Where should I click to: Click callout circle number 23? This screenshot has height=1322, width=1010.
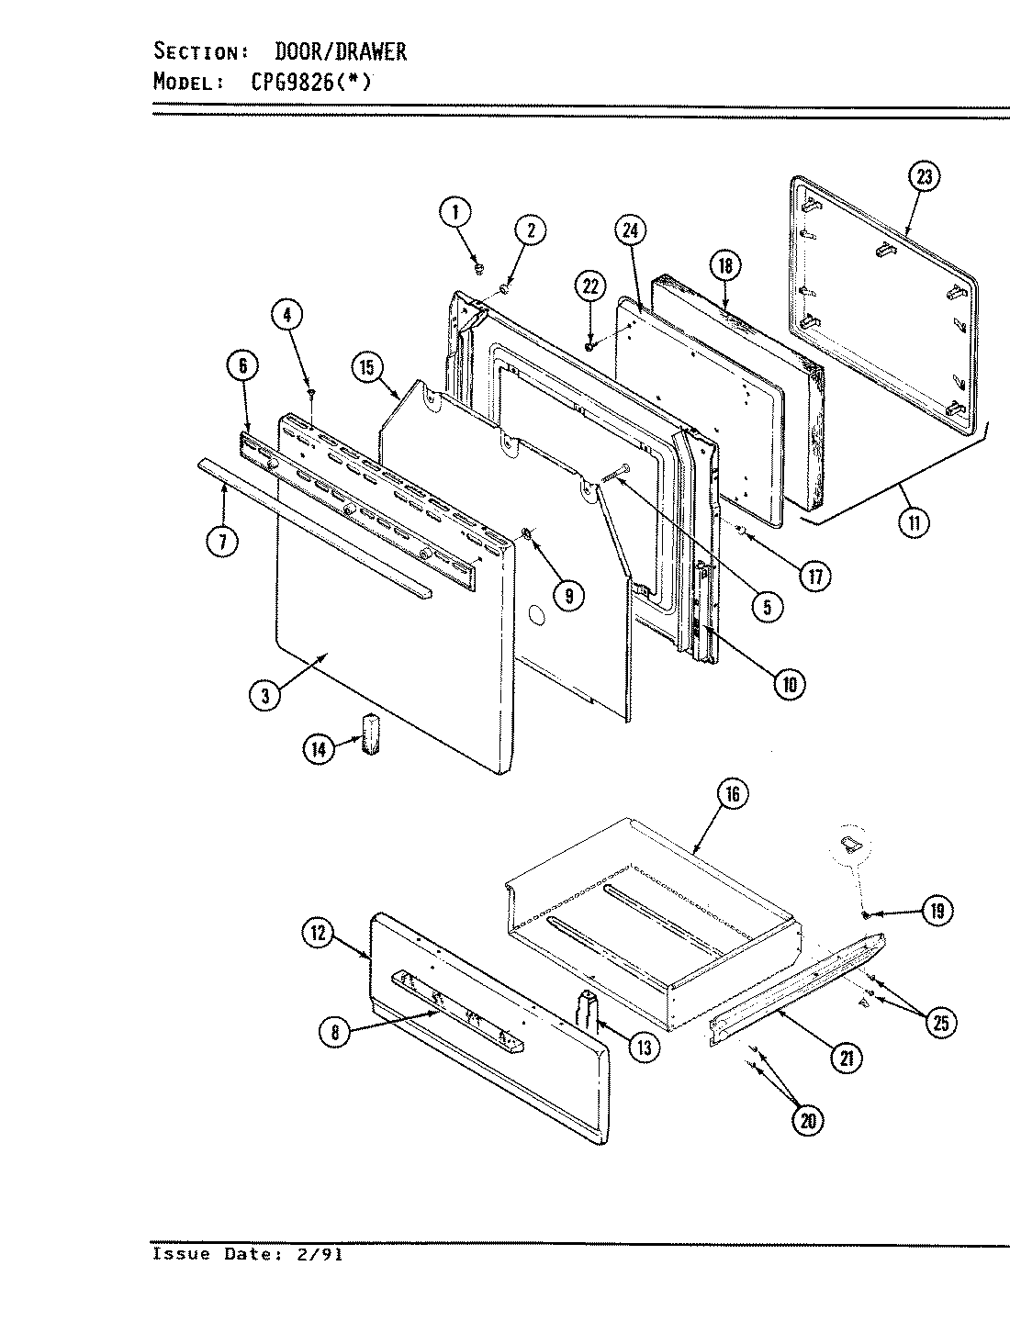[x=924, y=176]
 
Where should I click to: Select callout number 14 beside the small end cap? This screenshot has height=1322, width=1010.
[x=318, y=748]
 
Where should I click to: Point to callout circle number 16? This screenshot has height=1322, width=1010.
[x=732, y=794]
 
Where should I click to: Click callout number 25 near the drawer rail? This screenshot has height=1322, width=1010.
[x=940, y=1022]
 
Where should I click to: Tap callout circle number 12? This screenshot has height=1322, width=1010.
[x=318, y=935]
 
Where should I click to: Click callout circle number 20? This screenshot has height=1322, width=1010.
[x=807, y=1119]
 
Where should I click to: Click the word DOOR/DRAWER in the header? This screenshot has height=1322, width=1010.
[x=341, y=51]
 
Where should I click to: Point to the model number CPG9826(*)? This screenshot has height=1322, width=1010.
[x=310, y=82]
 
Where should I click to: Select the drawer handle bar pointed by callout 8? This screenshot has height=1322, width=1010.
[x=456, y=1010]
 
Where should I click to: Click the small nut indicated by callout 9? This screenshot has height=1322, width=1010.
[x=526, y=534]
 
